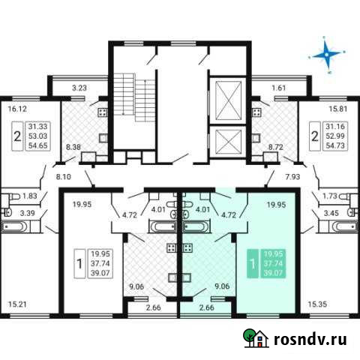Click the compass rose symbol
point(327,53)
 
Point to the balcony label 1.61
point(278,88)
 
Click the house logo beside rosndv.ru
point(253,339)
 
